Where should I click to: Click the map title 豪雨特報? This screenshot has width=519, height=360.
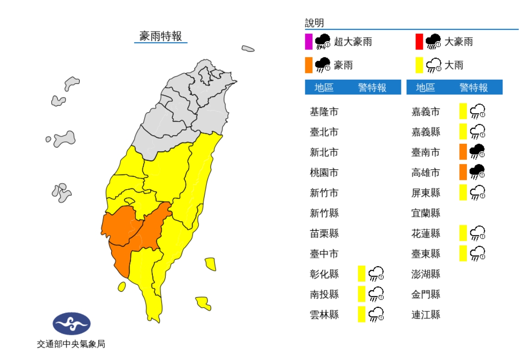161,37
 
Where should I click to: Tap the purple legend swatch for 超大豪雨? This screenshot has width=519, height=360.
308,42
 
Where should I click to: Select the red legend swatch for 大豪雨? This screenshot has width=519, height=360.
419,42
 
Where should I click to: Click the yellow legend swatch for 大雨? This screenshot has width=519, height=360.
419,65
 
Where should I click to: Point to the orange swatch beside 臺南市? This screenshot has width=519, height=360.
463,152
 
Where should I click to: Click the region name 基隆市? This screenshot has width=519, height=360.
324,111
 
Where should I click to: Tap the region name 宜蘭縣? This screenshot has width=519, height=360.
426,213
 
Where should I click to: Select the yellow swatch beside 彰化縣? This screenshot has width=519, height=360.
362,273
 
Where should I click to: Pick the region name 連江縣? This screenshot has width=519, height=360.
426,314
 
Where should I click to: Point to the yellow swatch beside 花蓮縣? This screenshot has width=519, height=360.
463,233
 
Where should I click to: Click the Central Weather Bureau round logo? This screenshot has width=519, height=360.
71,324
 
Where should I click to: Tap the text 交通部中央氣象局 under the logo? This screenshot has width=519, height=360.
71,344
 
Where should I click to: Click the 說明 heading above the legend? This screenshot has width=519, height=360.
314,23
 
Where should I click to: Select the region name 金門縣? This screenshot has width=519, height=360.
426,294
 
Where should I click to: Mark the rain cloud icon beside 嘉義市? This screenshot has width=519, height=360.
477,111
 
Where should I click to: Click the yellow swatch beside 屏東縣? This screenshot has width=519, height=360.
463,192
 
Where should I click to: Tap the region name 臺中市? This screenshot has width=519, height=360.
324,253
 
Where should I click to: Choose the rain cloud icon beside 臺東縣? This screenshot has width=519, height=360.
477,253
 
